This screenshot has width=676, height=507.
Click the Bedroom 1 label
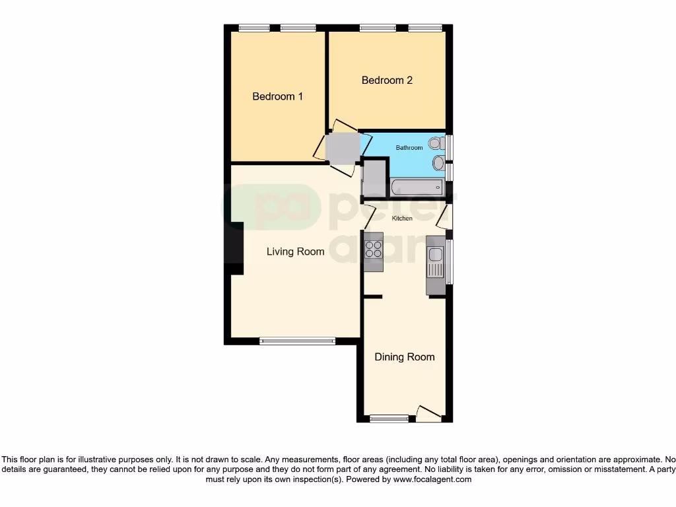277,96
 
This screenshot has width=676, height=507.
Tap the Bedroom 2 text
387,81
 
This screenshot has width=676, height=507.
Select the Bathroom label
409,148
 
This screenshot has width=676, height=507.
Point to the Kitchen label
402,219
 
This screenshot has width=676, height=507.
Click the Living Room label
295,252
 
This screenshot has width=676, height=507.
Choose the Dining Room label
404,357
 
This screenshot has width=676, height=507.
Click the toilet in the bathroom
436,143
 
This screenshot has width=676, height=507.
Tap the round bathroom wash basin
438,162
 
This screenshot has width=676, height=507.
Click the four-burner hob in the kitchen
374,250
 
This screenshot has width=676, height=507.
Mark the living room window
297,341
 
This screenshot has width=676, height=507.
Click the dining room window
389,419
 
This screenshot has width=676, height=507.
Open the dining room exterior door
428,415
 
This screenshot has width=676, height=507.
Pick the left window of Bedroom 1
254,28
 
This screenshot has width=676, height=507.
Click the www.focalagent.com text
432,480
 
